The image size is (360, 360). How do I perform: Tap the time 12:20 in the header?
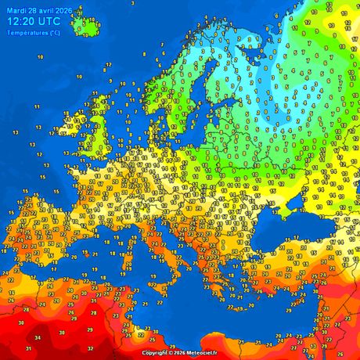click(22, 22)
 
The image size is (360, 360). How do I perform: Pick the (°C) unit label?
click(53, 33)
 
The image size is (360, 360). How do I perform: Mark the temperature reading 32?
click(91, 348)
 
